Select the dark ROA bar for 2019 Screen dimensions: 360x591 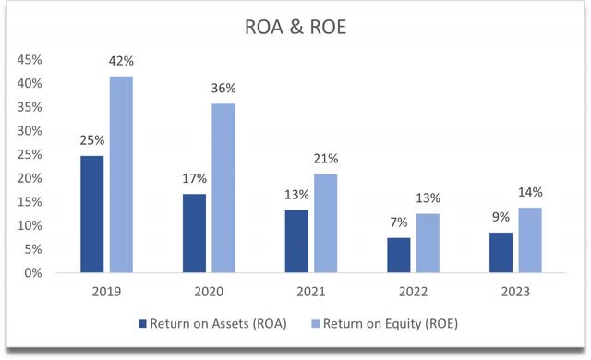[92, 214]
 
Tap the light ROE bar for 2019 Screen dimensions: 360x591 [121, 174]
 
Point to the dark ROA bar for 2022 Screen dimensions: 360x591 [399, 256]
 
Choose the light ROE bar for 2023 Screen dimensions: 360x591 [529, 240]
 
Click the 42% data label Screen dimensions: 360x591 [121, 61]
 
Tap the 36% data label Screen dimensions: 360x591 [223, 89]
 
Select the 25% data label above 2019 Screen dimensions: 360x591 [92, 141]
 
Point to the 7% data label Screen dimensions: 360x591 [399, 223]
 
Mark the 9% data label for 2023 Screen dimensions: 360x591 [501, 218]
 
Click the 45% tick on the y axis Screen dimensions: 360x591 [30, 60]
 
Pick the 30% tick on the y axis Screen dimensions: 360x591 [30, 131]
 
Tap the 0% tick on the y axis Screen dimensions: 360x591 [33, 273]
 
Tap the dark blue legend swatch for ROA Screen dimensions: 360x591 [141, 324]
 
